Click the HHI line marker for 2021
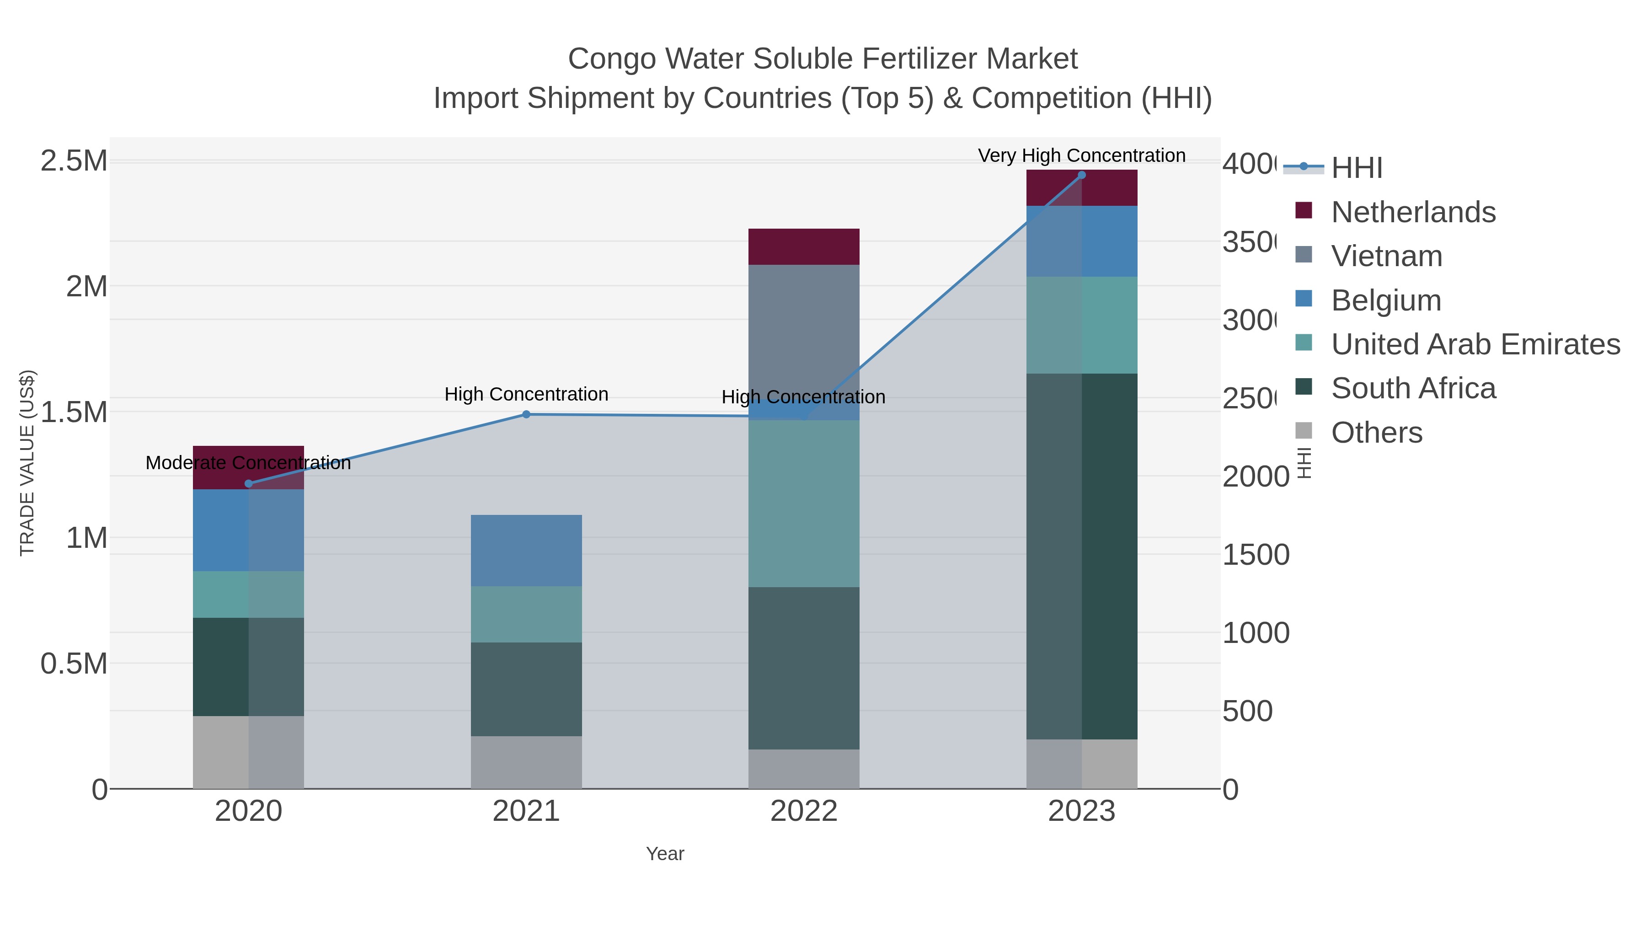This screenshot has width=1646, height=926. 526,414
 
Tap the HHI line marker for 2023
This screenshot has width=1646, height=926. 1081,175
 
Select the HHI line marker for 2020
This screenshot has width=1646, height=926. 249,484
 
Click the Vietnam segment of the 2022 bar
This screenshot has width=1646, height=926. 803,332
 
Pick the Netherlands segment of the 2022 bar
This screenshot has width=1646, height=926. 803,246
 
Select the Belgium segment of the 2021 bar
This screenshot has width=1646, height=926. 526,550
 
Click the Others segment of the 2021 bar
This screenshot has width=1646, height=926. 526,762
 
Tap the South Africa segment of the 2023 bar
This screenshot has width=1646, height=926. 1081,556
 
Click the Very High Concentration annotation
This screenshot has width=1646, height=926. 1081,155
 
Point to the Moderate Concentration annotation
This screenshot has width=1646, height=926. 249,463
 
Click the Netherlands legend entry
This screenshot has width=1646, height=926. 1413,212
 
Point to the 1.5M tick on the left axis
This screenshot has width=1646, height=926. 74,412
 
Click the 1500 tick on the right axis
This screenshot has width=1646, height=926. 1255,555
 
